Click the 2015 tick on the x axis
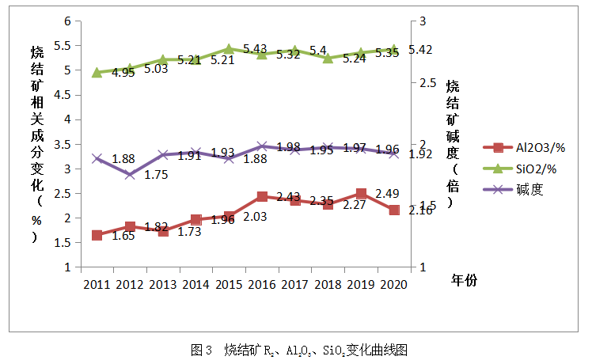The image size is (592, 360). pos(229,283)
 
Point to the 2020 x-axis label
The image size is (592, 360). pos(393,283)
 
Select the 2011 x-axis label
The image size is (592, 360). pos(97,283)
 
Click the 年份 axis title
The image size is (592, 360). pos(465,280)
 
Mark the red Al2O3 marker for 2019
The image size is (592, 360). pos(361,194)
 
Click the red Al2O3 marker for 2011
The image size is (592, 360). pos(97,235)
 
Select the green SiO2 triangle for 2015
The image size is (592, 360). pos(229,49)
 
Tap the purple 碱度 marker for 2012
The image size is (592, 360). pos(130,174)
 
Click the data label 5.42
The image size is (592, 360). pos(419,50)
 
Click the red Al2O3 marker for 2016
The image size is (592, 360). pos(262,196)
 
